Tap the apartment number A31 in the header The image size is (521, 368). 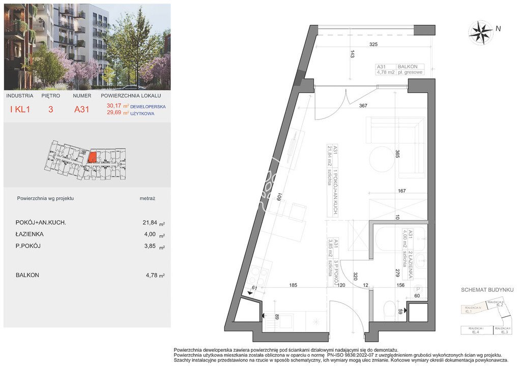click(81, 109)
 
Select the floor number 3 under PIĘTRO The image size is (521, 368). click(50, 109)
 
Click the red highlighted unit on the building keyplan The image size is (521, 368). click(92, 157)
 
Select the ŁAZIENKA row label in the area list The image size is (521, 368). click(30, 234)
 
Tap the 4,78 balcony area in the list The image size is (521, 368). click(151, 275)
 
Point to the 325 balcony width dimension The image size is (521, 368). click(373, 45)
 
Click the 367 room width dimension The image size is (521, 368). click(363, 106)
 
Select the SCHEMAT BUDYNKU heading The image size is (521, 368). click(487, 290)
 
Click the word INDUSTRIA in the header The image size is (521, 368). click(20, 96)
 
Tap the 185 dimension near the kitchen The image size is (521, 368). click(293, 285)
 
